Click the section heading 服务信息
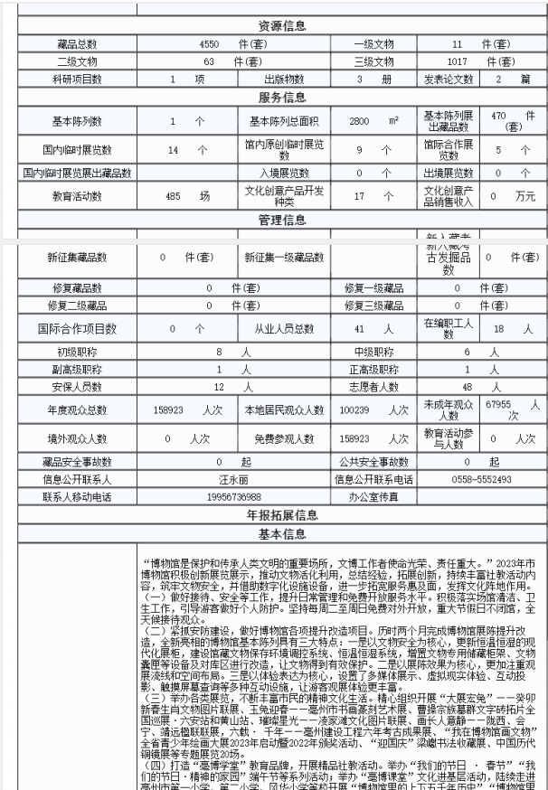[x=281, y=98]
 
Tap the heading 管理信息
[x=281, y=220]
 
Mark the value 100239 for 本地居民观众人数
[x=357, y=409]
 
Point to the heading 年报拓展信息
[x=281, y=515]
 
